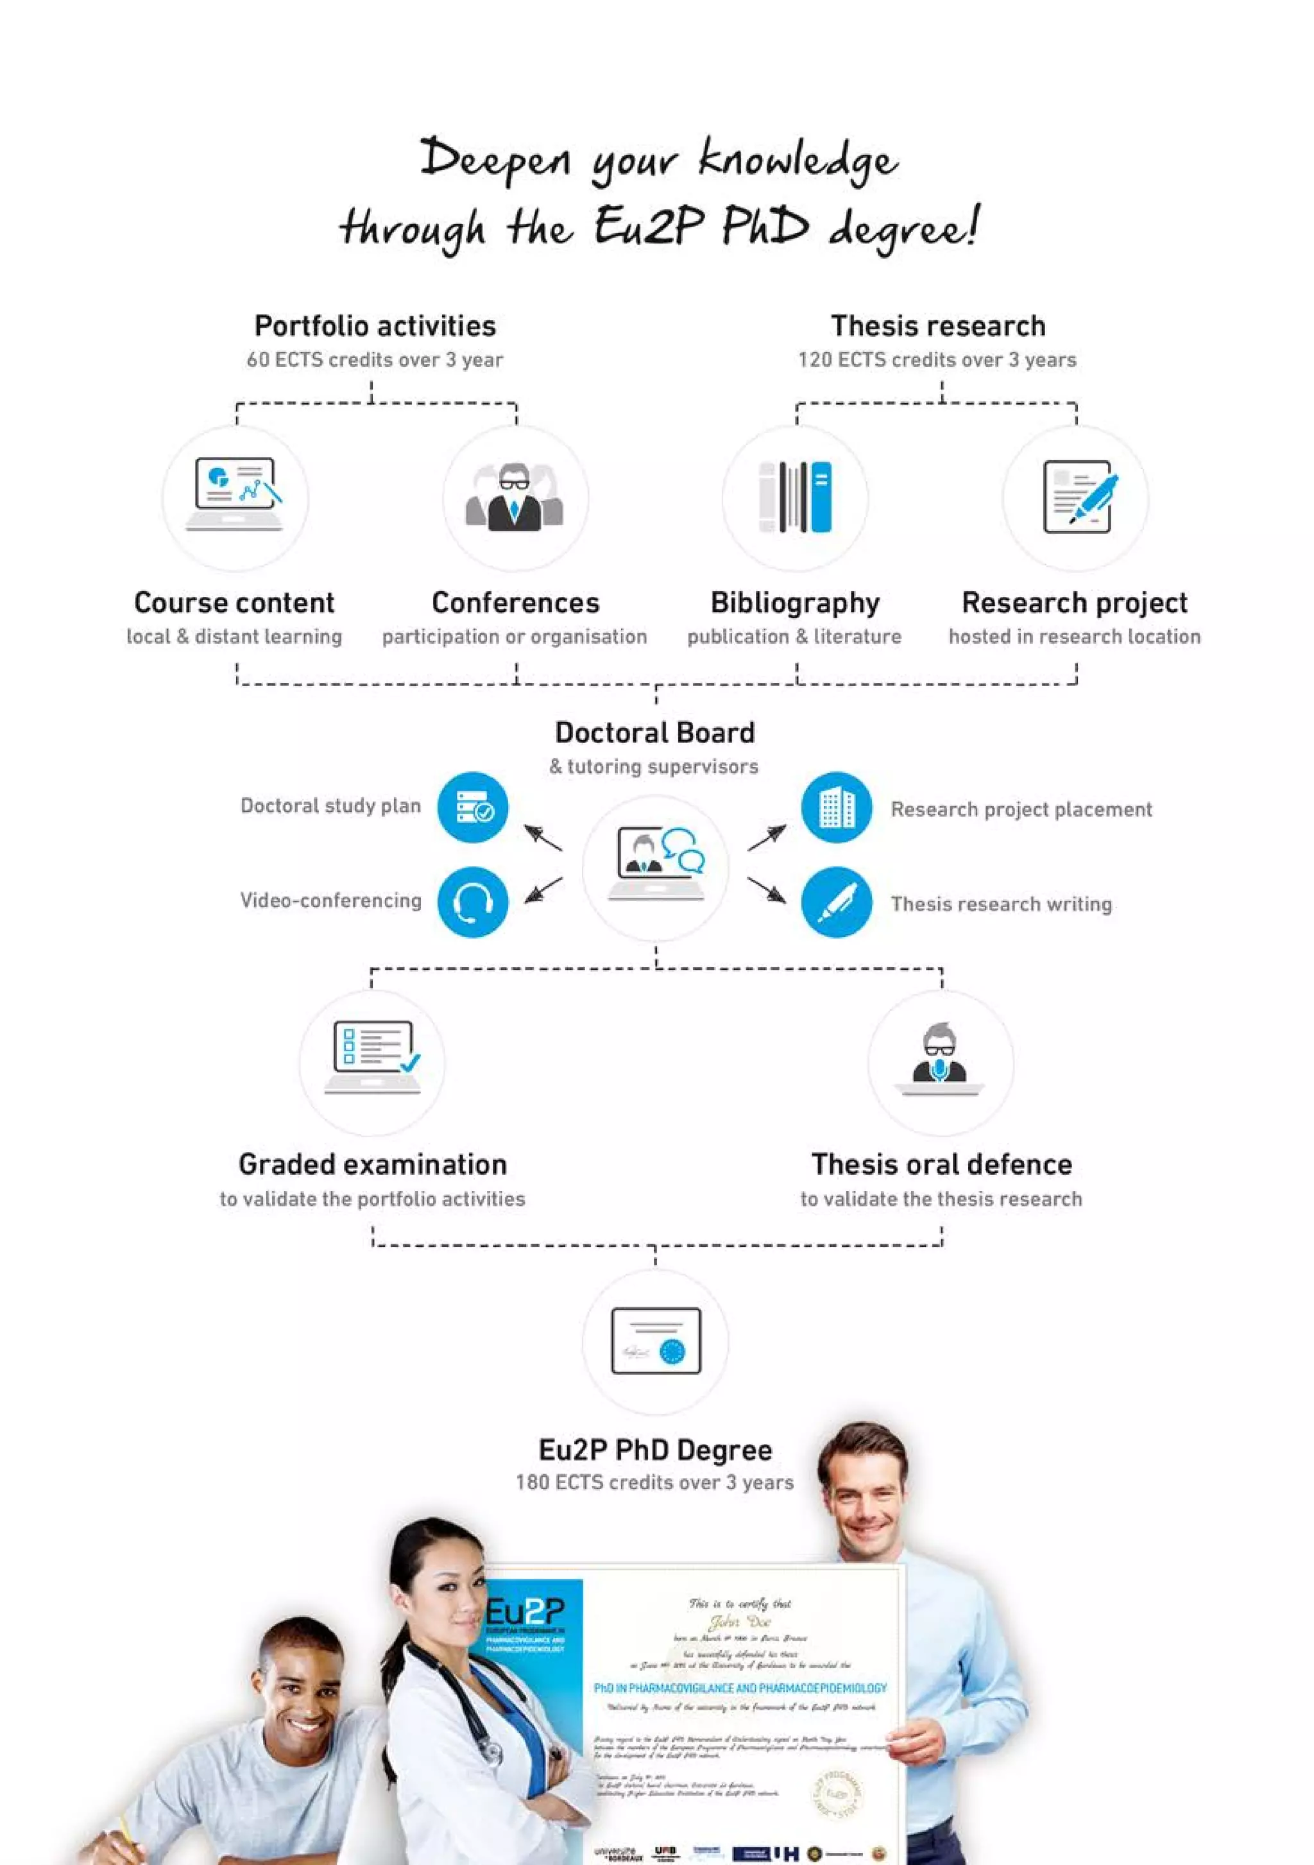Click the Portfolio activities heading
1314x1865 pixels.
coord(375,326)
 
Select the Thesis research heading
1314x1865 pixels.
coord(938,326)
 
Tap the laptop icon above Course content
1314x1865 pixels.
coord(235,495)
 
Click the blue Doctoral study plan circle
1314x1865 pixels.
coord(473,807)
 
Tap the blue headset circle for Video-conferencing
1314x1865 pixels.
coord(473,902)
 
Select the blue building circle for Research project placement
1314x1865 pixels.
coord(837,807)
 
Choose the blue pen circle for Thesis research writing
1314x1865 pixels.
coord(837,902)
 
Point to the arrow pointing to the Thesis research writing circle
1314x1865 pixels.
coord(767,890)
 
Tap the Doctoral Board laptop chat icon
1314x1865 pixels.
coord(656,864)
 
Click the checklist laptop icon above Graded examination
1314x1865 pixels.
coord(373,1058)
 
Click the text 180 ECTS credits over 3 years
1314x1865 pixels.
coord(654,1483)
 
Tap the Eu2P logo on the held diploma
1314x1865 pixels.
coord(525,1610)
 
